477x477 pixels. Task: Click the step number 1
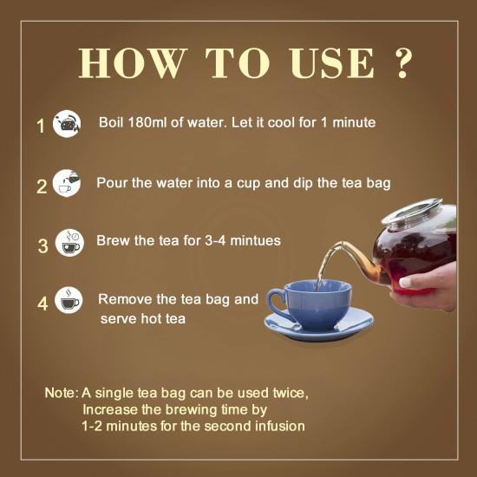click(40, 127)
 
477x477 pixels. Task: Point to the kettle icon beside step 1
click(68, 124)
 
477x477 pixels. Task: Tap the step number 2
click(41, 186)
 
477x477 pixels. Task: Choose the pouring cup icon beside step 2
click(68, 183)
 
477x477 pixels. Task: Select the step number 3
click(42, 245)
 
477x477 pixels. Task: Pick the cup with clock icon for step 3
click(69, 243)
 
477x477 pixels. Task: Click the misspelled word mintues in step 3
click(255, 240)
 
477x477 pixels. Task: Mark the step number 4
click(42, 304)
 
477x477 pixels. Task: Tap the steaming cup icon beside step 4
click(69, 301)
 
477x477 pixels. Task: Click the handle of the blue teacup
click(275, 304)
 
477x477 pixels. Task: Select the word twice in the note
click(287, 393)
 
